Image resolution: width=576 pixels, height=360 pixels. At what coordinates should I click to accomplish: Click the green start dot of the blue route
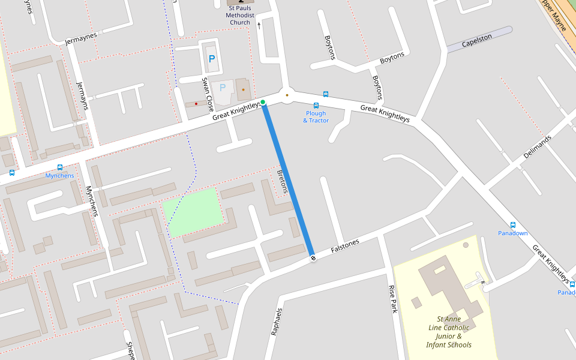[x=263, y=102]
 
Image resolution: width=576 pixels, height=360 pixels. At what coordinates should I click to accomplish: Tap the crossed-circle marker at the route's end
[x=313, y=258]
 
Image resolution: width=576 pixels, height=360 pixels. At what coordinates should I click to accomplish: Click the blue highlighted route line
[x=288, y=180]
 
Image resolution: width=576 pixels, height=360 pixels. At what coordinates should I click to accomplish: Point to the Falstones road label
[x=345, y=246]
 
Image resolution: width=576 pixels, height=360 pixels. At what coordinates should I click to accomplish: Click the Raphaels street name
[x=276, y=322]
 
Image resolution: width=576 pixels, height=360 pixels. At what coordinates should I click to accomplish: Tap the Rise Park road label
[x=394, y=299]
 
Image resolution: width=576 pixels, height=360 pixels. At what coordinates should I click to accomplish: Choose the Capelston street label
[x=477, y=40]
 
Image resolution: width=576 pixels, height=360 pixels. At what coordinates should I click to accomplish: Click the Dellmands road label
[x=537, y=146]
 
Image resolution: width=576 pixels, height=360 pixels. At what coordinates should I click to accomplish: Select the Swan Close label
[x=208, y=91]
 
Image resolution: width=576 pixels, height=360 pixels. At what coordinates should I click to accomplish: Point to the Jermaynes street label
[x=80, y=39]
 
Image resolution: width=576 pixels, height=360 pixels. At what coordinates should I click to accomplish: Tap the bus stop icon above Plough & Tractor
[x=316, y=105]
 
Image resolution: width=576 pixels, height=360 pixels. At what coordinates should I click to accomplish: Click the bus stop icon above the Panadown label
[x=513, y=224]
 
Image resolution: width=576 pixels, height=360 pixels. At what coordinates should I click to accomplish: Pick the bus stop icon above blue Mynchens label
[x=59, y=167]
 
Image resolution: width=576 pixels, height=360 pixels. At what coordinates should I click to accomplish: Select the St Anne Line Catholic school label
[x=449, y=332]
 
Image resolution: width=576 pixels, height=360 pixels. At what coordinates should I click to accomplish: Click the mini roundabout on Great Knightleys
[x=287, y=95]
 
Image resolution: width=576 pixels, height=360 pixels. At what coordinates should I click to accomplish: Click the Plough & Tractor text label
[x=316, y=117]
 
